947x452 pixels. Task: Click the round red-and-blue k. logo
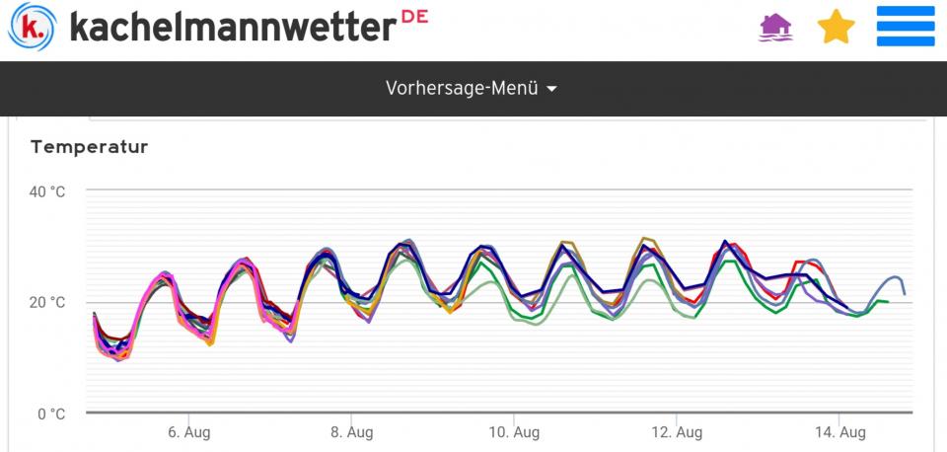(x=33, y=26)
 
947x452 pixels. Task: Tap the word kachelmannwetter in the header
(x=232, y=27)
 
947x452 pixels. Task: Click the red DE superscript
(x=415, y=17)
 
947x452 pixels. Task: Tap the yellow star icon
(x=836, y=27)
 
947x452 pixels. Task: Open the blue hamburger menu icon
(x=905, y=27)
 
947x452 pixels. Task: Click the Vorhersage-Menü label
(x=462, y=88)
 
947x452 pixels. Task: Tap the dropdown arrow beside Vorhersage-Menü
(x=551, y=89)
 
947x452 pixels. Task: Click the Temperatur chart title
(x=89, y=147)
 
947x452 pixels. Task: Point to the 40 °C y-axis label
(x=47, y=191)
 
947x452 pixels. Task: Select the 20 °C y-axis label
(x=47, y=302)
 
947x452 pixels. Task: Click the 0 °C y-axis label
(x=51, y=413)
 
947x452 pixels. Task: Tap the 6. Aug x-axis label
(x=187, y=432)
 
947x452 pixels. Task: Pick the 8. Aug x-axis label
(x=350, y=432)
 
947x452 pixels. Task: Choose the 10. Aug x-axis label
(x=513, y=432)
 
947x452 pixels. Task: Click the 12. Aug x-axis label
(x=676, y=432)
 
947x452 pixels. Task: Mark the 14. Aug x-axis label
(x=838, y=432)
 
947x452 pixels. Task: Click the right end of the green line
(x=888, y=301)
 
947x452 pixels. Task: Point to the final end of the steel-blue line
(x=905, y=293)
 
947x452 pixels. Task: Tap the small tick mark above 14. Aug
(x=838, y=416)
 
